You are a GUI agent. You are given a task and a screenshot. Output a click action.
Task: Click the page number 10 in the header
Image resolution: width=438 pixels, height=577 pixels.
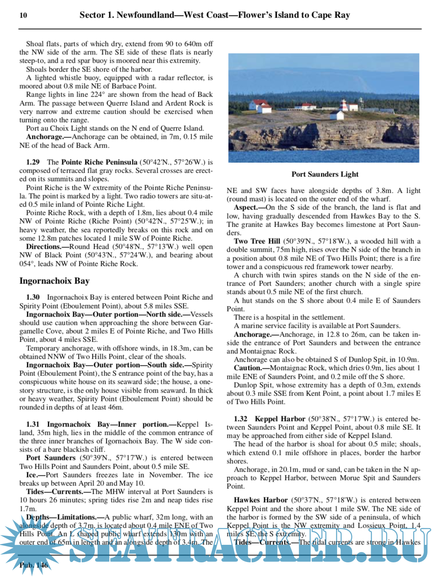click(23, 15)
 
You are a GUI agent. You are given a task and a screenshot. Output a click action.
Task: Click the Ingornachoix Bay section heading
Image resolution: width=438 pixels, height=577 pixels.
click(54, 281)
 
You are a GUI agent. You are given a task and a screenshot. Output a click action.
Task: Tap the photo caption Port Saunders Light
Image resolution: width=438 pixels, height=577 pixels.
click(325, 174)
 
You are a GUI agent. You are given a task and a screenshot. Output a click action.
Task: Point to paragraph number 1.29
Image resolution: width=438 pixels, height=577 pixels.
click(33, 162)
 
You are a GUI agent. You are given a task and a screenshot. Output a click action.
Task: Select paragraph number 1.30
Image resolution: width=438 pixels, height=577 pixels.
click(33, 297)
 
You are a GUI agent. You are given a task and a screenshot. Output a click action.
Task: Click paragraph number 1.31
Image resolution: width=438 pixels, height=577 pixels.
click(33, 424)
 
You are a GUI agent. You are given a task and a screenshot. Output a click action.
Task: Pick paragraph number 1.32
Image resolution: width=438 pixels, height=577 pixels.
click(240, 419)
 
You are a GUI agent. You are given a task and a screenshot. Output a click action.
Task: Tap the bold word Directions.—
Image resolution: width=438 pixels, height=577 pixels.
click(47, 247)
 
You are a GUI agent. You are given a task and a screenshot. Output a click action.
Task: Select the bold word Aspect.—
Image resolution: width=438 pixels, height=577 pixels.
click(250, 207)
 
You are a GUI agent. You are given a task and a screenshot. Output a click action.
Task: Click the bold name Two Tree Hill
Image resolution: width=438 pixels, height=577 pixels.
click(257, 241)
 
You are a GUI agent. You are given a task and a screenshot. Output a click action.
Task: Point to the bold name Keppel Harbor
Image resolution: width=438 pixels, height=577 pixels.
click(280, 419)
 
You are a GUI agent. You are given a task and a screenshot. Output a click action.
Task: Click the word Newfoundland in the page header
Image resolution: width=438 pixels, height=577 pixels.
click(145, 15)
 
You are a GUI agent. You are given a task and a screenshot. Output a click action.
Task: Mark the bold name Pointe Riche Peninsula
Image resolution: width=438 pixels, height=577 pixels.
click(99, 162)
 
